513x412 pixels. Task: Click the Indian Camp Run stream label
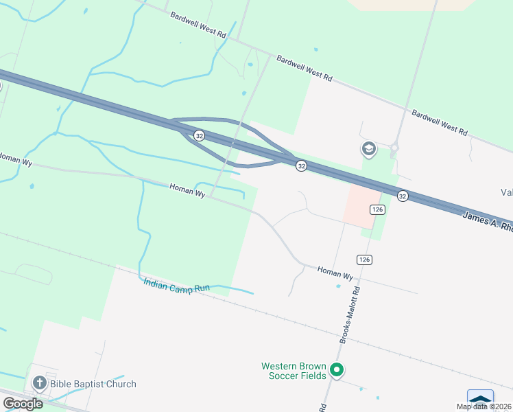coord(176,286)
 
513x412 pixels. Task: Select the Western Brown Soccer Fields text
coord(294,371)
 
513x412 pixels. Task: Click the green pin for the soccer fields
coord(336,371)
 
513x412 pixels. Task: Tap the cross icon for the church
coord(39,384)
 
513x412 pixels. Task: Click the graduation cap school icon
coord(368,149)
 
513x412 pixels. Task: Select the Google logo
coord(23,403)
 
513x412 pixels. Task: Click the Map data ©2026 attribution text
coord(484,407)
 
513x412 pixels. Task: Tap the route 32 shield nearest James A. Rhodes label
coord(403,196)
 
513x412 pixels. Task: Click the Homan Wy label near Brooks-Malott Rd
coord(335,273)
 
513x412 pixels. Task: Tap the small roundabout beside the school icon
coord(394,146)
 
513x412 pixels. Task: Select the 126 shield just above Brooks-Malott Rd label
coord(363,259)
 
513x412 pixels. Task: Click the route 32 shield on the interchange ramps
coord(199,135)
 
